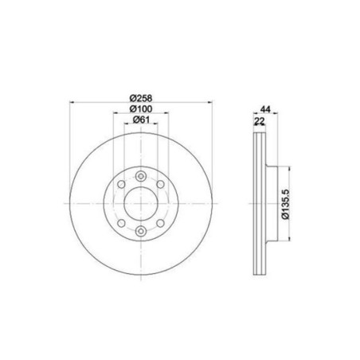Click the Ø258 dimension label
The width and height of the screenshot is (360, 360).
[x=141, y=98]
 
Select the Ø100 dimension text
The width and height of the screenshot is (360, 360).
[x=141, y=109]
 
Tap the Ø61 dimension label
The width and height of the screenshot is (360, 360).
[x=141, y=119]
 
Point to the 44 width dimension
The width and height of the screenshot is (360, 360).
[x=265, y=109]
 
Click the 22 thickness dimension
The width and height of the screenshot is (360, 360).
[x=260, y=121]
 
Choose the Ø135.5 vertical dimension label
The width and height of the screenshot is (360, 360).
[x=286, y=204]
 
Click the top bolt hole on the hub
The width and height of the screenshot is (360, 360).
[x=141, y=176]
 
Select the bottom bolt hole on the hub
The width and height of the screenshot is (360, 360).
[x=141, y=231]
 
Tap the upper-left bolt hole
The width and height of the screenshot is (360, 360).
[x=121, y=184]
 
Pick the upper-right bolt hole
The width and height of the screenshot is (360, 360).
[x=160, y=184]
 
